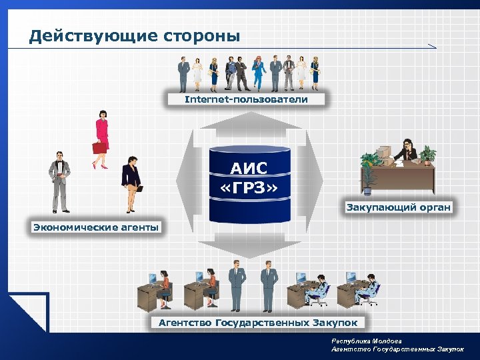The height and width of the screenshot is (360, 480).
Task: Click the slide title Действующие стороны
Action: click(134, 35)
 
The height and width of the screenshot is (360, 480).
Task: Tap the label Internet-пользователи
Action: click(246, 99)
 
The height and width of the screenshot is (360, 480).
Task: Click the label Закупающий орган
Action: click(398, 207)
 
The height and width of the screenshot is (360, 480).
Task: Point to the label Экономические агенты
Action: click(96, 227)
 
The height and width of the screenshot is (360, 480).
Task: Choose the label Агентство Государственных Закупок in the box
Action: click(257, 323)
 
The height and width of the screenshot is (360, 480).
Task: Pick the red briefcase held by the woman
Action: click(99, 147)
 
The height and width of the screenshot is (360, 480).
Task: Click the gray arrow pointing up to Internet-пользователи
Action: click(249, 121)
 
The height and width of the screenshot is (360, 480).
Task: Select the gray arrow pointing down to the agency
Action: click(249, 248)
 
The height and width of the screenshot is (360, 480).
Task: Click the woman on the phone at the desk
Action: click(407, 152)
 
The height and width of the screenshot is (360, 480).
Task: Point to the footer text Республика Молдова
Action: click(364, 341)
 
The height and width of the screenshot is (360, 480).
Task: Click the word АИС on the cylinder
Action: click(249, 168)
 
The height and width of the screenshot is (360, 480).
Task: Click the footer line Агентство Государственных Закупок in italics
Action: click(397, 349)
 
